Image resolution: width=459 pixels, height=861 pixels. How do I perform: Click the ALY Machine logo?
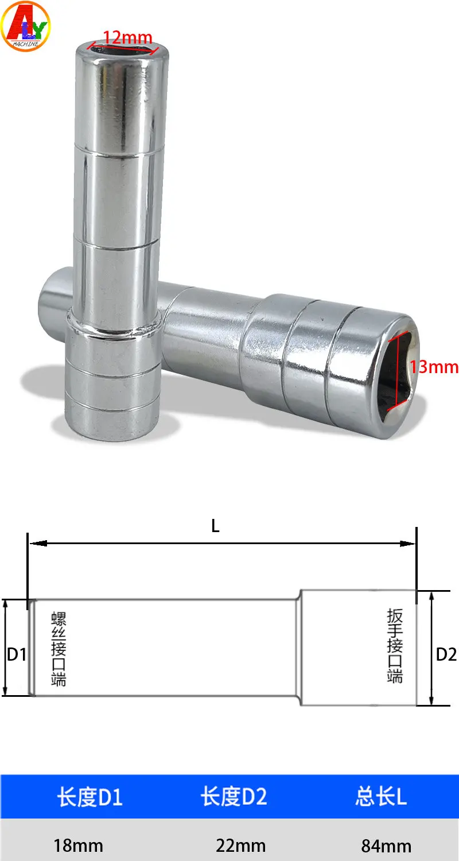25,26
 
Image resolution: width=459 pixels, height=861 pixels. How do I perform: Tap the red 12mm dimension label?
127,38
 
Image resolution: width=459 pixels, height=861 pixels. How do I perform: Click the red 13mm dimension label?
434,367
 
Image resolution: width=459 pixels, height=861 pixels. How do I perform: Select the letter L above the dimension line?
215,526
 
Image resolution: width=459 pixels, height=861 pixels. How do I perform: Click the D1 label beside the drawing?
17,654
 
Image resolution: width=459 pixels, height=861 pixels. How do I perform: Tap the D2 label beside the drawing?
446,654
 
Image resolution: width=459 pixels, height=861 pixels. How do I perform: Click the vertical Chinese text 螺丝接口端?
59,649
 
